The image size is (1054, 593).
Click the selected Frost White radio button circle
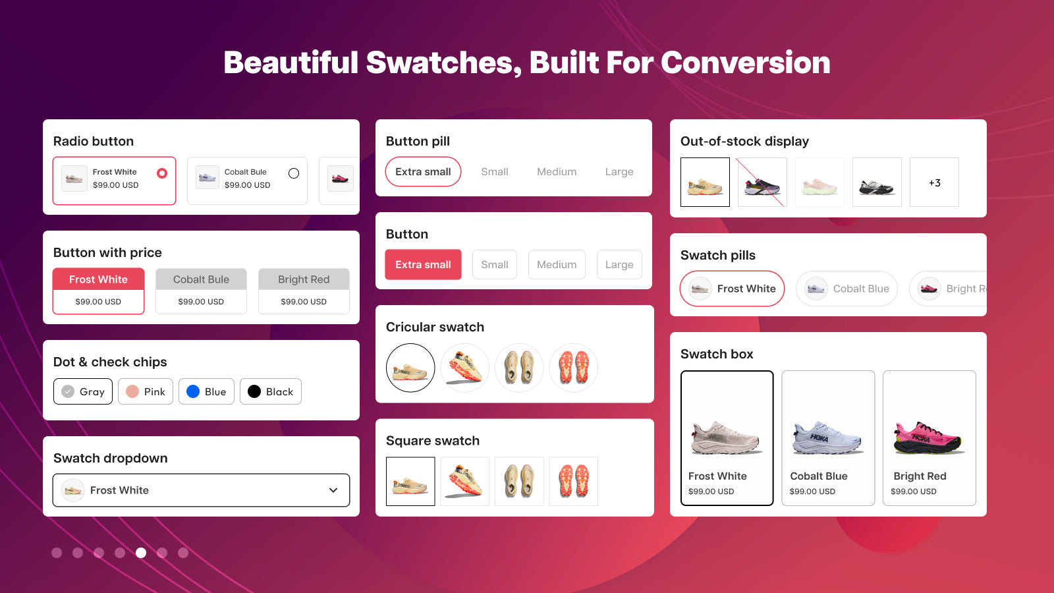point(162,173)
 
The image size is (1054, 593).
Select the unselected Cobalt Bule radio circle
point(294,173)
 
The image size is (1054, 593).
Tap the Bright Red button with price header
point(304,279)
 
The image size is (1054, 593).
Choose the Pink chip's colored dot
point(132,391)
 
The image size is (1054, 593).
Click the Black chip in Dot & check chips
point(271,391)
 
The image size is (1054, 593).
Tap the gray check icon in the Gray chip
point(68,391)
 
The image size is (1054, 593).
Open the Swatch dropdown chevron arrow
point(333,490)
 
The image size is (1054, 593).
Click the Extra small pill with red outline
point(423,172)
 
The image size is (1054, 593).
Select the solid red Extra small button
point(423,264)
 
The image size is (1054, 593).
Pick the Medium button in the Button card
point(557,264)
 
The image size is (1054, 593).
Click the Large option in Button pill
point(619,172)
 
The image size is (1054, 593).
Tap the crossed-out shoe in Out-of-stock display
point(762,182)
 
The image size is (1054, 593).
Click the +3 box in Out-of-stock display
point(935,182)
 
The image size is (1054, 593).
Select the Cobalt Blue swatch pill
point(846,289)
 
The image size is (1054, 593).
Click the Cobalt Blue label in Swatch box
point(819,476)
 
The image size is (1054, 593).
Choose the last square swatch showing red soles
point(574,482)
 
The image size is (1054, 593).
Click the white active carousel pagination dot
point(141,553)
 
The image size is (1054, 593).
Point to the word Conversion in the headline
point(746,63)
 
